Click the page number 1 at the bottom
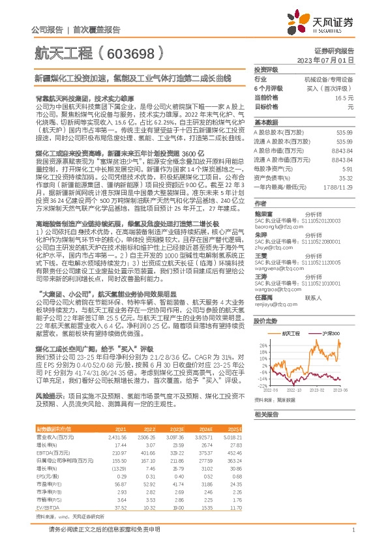point(352,529)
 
